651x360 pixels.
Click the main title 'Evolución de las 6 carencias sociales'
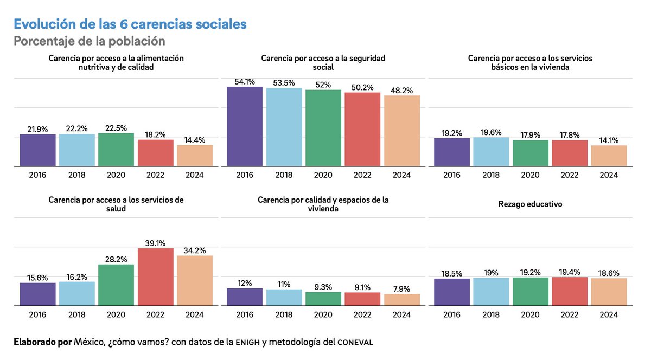click(x=130, y=24)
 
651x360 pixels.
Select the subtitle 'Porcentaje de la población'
click(x=89, y=41)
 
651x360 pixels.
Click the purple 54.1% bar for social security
click(x=244, y=126)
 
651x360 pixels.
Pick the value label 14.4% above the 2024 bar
click(x=194, y=139)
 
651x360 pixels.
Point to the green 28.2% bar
click(x=116, y=285)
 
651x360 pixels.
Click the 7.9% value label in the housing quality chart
click(x=401, y=288)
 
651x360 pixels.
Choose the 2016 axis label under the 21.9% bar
click(x=38, y=175)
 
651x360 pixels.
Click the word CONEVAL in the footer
click(x=355, y=342)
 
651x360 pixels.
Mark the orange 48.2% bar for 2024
click(x=401, y=130)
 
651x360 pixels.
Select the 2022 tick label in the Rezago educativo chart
click(x=570, y=315)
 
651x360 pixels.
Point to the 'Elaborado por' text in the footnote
click(x=41, y=342)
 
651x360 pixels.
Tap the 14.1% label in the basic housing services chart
click(x=609, y=140)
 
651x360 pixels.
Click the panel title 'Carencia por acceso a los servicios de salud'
click(x=116, y=204)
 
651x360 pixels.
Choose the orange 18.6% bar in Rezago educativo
click(x=609, y=292)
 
